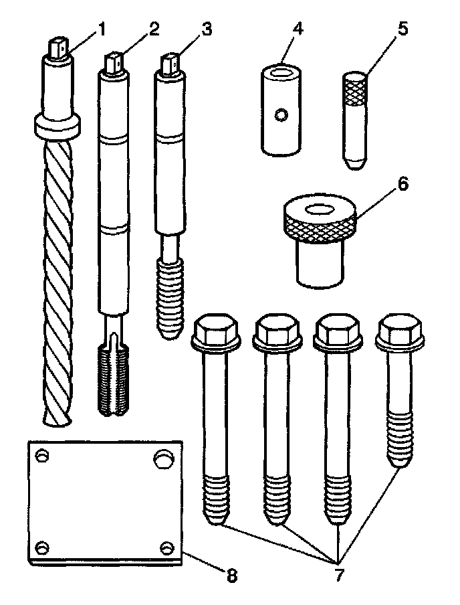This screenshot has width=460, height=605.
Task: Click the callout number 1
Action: click(102, 30)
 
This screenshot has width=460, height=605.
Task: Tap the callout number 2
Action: click(154, 30)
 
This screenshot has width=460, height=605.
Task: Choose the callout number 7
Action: click(342, 574)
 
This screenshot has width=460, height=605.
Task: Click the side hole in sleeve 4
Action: click(285, 116)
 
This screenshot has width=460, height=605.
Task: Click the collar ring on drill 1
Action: click(57, 124)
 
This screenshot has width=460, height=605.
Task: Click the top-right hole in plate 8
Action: click(163, 458)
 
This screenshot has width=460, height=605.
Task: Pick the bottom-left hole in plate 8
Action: click(41, 547)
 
